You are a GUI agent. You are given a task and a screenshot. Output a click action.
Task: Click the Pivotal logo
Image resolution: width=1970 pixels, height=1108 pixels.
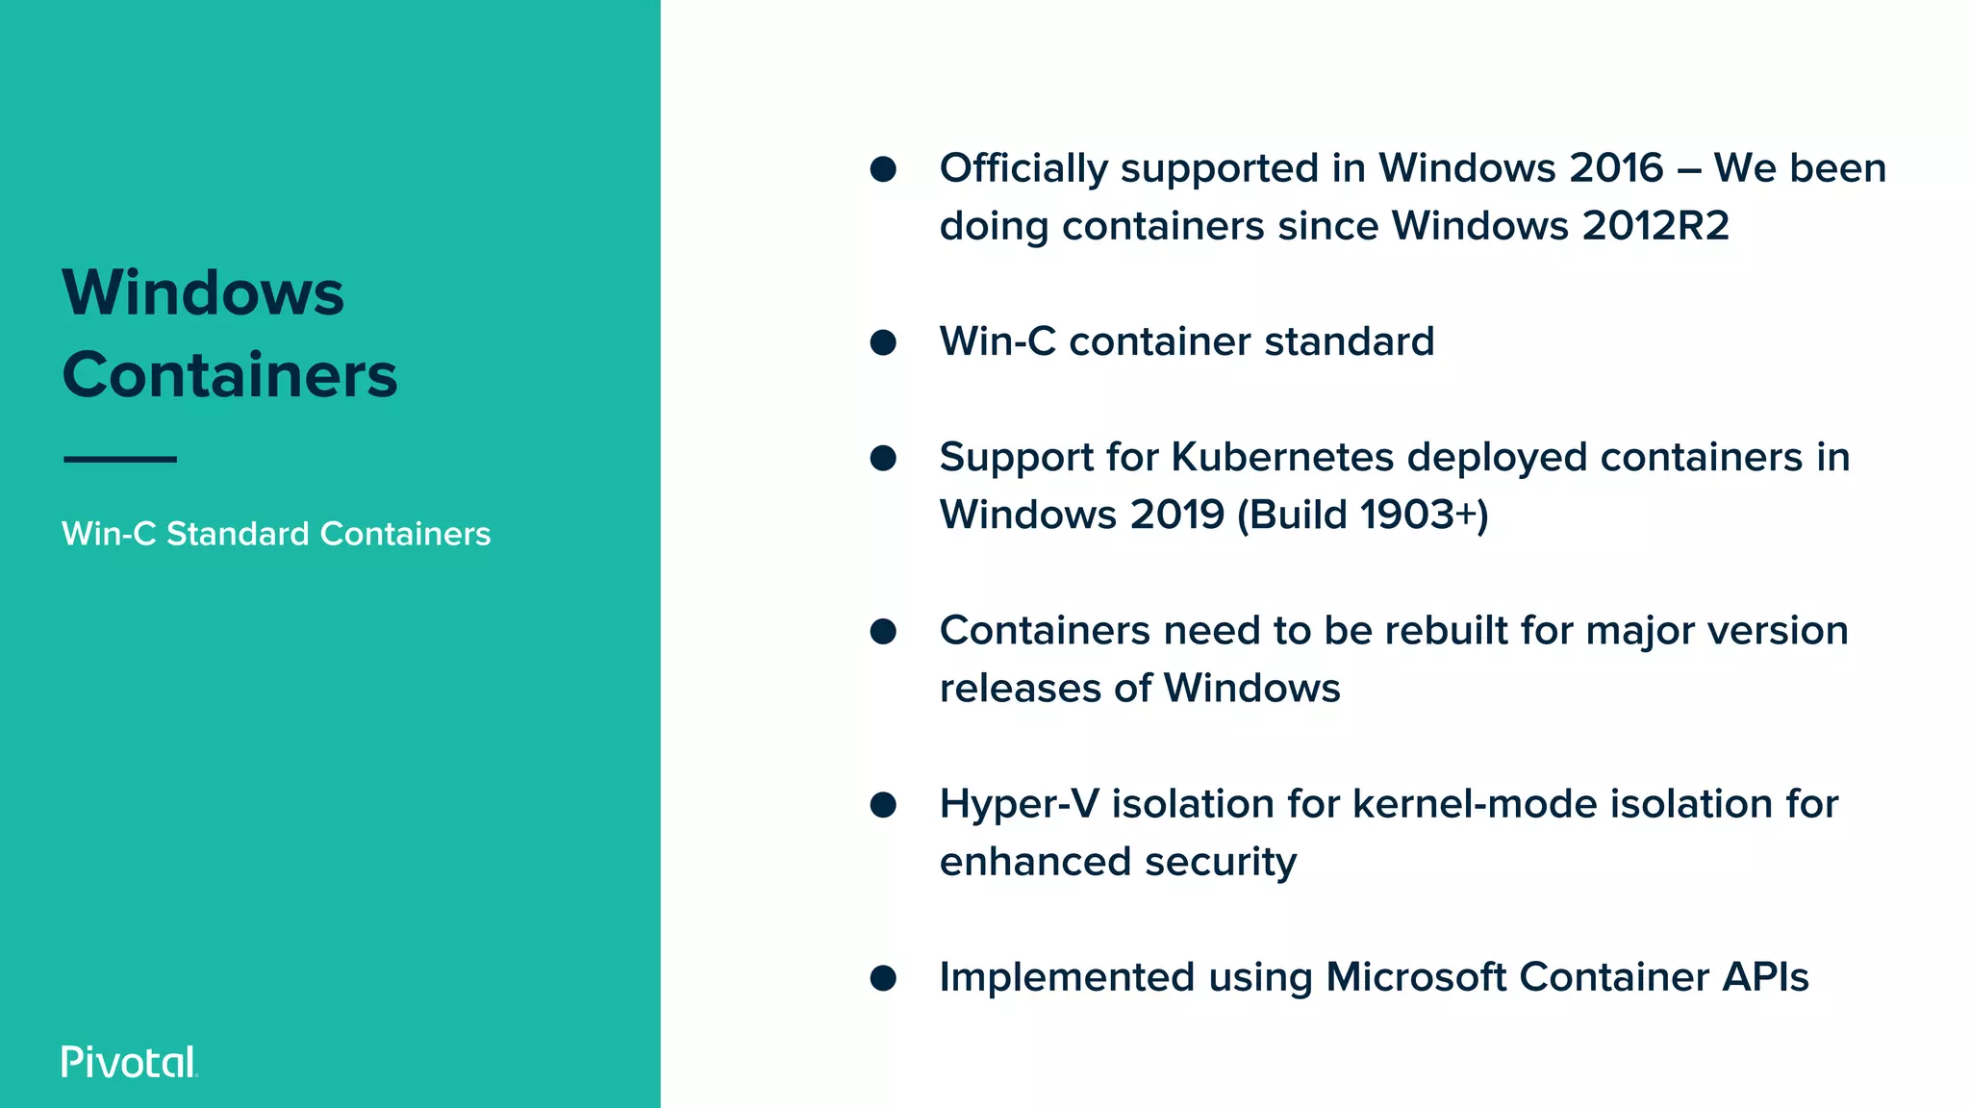(x=129, y=1062)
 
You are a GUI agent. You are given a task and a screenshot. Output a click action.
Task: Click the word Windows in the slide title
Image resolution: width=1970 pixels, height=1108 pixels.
(x=203, y=292)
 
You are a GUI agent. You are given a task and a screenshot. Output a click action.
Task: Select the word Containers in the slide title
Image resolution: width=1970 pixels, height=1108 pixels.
(x=230, y=375)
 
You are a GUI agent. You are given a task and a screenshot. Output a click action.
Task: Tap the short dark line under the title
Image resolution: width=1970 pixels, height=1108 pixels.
(x=120, y=460)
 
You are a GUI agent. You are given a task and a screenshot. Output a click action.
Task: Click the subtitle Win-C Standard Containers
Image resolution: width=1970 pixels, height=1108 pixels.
(x=276, y=534)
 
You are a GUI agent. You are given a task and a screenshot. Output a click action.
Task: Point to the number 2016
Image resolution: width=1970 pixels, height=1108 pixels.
(x=1616, y=168)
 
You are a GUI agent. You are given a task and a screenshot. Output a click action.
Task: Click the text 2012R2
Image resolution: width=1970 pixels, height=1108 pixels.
(x=1655, y=226)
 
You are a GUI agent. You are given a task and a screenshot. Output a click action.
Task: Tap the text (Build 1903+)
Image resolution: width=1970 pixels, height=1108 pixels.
(x=1362, y=515)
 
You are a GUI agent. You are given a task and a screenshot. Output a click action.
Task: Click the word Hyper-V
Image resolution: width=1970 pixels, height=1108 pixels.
(x=1019, y=804)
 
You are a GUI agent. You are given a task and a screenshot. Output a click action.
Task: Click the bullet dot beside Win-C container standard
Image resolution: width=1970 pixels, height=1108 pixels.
(x=883, y=342)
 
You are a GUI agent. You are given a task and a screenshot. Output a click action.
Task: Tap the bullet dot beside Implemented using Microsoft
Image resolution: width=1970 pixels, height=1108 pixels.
(x=883, y=978)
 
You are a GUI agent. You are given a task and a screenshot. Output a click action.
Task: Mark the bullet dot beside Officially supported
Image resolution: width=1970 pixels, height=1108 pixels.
(x=883, y=169)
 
